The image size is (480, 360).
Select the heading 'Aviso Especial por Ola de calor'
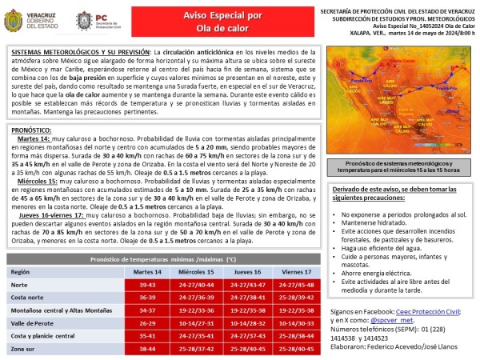pyautogui.click(x=218, y=20)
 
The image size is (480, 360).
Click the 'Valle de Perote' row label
pyautogui.click(x=34, y=323)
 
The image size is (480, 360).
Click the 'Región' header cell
pyautogui.click(x=20, y=272)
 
